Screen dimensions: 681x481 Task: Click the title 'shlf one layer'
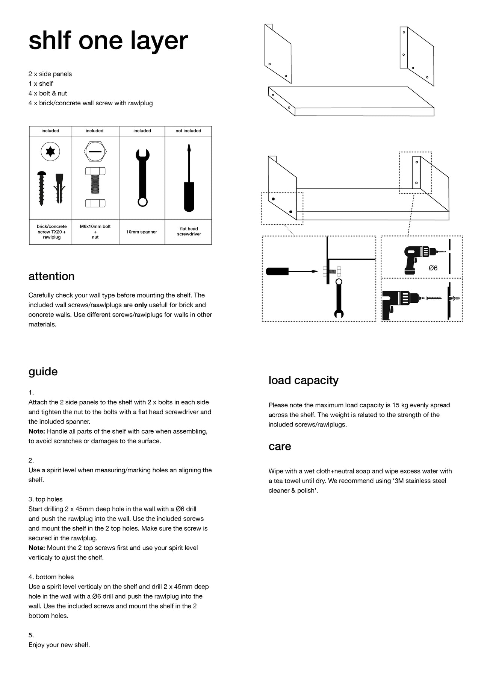108,41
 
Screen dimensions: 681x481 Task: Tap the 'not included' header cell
188,131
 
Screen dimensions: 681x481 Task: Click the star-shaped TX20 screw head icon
50,152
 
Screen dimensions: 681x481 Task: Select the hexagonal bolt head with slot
95,152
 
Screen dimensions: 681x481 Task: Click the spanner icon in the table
142,177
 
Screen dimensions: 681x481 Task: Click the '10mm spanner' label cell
142,232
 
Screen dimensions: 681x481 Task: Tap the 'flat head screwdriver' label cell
189,232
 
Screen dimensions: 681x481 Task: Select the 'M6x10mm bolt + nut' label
95,232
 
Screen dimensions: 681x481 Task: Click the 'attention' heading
51,276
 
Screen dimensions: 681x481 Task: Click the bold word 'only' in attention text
141,305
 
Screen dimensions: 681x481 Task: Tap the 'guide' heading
43,372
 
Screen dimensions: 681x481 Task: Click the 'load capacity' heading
303,380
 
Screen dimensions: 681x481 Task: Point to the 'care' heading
280,446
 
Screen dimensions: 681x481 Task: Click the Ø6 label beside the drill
433,268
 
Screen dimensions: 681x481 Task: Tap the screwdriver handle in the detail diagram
277,271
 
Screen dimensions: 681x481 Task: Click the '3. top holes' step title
45,499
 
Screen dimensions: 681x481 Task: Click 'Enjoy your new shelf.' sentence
59,645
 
